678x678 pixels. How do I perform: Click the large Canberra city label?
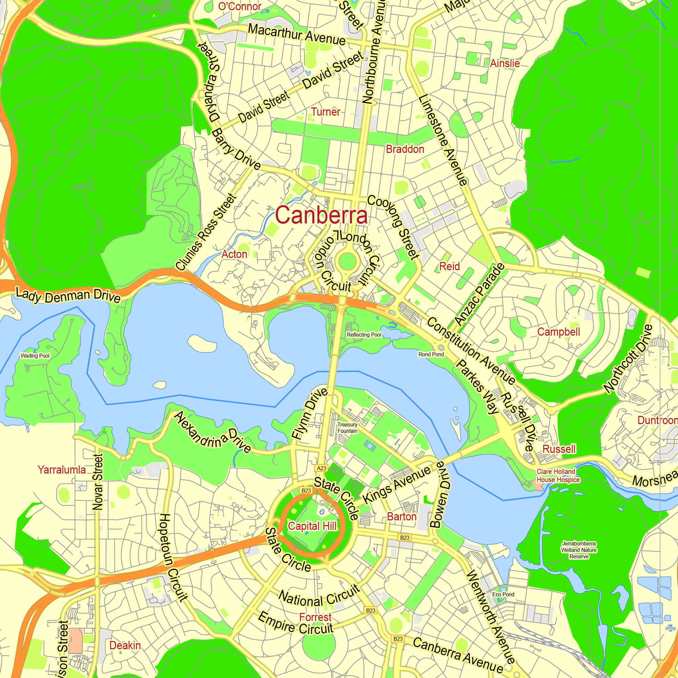coord(321,215)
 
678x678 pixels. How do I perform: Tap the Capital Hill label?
coord(312,526)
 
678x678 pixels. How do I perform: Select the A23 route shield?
coord(321,468)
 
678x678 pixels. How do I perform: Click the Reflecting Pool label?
coord(364,335)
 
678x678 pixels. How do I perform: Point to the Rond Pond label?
coord(431,355)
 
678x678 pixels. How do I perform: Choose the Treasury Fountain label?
coord(347,428)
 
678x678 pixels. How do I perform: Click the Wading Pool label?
coord(35,356)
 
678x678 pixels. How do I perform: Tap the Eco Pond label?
coord(503,594)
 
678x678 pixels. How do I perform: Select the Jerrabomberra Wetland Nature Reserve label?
coord(579,550)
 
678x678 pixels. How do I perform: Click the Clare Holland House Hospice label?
coord(558,476)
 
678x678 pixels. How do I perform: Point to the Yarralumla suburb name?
coord(62,470)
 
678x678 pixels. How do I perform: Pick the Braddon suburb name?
coord(405,149)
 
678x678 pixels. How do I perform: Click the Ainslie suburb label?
coord(505,63)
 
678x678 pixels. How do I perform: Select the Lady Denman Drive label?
coord(68,295)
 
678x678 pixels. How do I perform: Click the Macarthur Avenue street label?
coord(297,34)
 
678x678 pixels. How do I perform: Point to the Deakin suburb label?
coord(125,645)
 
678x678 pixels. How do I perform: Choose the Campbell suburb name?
coord(558,332)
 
